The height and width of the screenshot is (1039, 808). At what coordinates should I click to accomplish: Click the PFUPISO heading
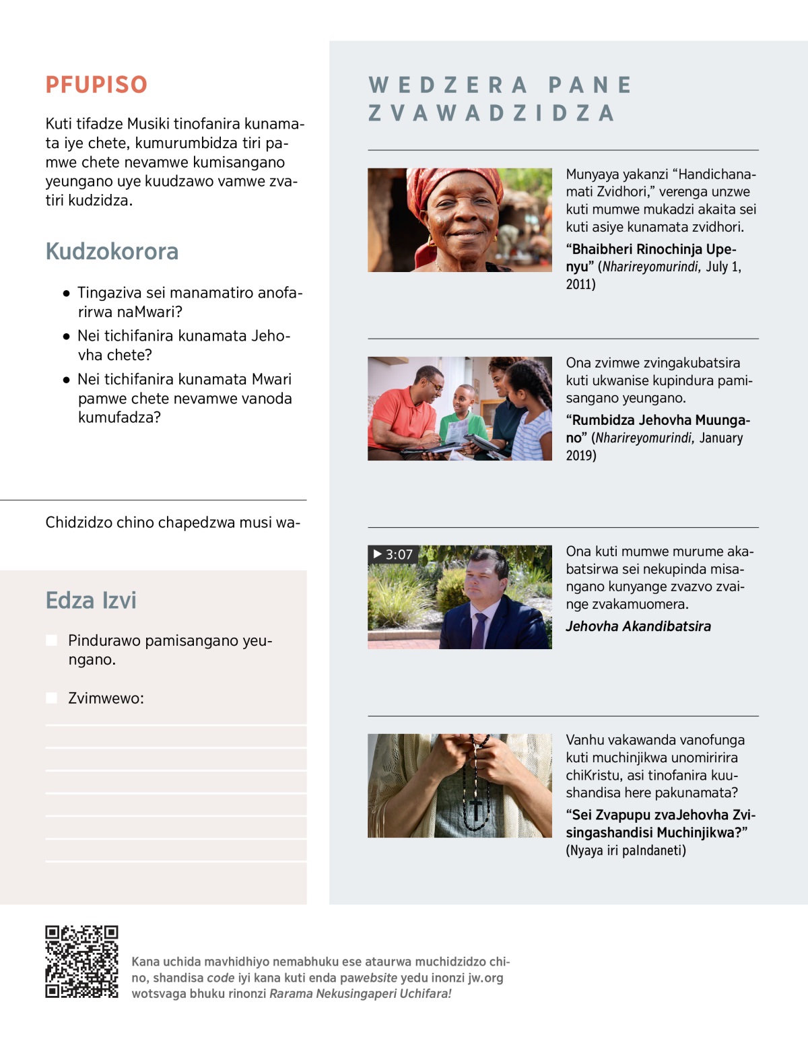96,85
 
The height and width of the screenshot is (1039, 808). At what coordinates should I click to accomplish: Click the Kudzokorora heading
112,251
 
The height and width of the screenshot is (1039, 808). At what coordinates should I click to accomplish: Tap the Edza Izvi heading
91,600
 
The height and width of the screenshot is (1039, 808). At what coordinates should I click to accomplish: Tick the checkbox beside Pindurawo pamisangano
51,640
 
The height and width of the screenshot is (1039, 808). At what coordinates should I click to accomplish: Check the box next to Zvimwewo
51,698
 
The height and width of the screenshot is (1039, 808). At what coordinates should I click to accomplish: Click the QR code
81,962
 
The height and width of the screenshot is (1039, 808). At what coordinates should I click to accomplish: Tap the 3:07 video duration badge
393,554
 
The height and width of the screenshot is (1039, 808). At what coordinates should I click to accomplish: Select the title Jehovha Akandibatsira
638,626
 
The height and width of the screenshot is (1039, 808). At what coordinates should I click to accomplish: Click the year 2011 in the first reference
580,284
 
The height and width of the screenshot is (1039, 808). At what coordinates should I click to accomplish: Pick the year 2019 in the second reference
580,455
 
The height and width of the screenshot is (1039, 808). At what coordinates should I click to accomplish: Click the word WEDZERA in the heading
448,86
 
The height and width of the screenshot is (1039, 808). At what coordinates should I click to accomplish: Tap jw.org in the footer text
485,978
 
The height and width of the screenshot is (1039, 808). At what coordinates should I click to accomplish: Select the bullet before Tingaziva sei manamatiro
66,294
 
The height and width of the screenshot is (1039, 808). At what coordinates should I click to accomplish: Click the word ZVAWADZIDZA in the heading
492,113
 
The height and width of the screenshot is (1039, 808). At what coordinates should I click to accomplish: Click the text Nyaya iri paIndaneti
626,850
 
